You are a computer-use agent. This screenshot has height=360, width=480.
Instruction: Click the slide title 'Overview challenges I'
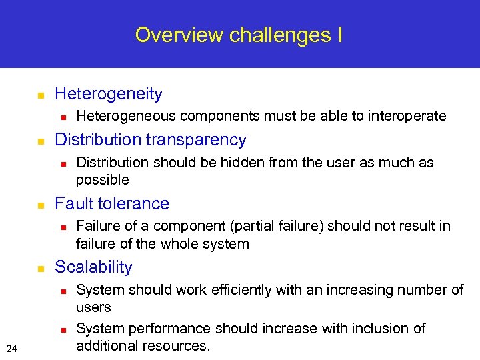coord(239,35)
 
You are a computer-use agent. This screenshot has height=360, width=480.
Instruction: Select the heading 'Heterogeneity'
coord(108,94)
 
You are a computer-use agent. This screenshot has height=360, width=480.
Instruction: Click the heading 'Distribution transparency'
coord(150,139)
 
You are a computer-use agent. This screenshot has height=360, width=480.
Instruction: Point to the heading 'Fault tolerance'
coord(112,203)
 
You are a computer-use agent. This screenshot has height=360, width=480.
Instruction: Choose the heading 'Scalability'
coord(93,267)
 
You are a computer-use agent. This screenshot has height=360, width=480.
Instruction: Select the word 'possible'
coord(102,180)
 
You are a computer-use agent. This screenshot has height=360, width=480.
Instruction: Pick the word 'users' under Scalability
coord(93,307)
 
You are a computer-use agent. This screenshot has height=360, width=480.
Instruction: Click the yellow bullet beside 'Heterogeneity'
coord(40,95)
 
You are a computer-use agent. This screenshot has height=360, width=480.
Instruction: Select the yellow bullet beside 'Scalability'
coord(40,268)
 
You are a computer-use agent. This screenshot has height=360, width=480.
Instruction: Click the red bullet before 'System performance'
coord(62,329)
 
